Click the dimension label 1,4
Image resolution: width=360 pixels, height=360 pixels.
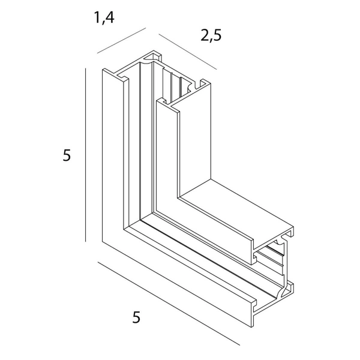click(x=104, y=17)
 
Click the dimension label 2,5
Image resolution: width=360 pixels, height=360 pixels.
click(x=211, y=35)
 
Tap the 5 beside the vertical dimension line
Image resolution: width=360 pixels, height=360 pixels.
click(x=67, y=155)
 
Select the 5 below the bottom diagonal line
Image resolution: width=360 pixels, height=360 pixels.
click(x=136, y=317)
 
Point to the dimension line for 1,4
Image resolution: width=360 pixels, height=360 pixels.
click(x=121, y=41)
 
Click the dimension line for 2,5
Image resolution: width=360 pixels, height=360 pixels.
click(x=188, y=52)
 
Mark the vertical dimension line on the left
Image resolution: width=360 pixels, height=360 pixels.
click(x=86, y=155)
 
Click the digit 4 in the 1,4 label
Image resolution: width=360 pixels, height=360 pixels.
click(x=110, y=17)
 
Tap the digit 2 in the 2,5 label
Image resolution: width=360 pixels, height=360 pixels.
click(x=205, y=35)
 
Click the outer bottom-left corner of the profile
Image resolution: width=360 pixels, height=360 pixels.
click(x=103, y=242)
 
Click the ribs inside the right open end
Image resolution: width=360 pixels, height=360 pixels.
click(x=271, y=259)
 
